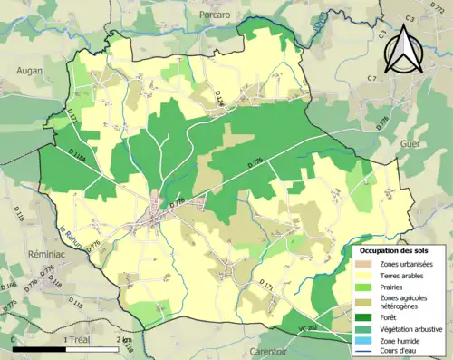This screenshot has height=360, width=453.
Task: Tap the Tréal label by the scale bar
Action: [x=81, y=339]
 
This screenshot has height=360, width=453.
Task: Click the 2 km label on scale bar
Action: [x=123, y=339]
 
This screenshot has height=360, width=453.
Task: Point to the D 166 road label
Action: [x=10, y=289]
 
